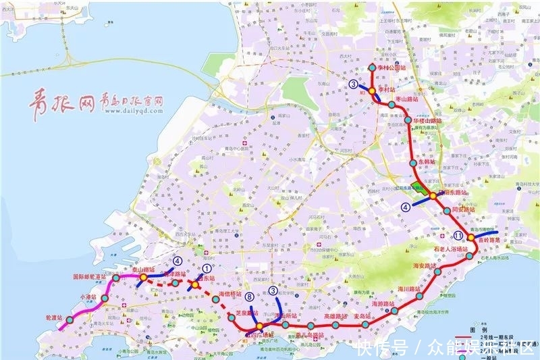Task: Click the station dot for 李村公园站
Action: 372,68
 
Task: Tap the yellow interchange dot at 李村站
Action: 372,91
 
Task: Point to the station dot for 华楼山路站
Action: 408,120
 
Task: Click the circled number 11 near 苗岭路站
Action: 458,236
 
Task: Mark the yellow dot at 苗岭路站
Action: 470,238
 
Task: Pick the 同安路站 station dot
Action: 448,211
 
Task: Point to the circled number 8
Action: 250,297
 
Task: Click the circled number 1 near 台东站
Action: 207,269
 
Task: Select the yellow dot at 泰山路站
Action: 144,277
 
